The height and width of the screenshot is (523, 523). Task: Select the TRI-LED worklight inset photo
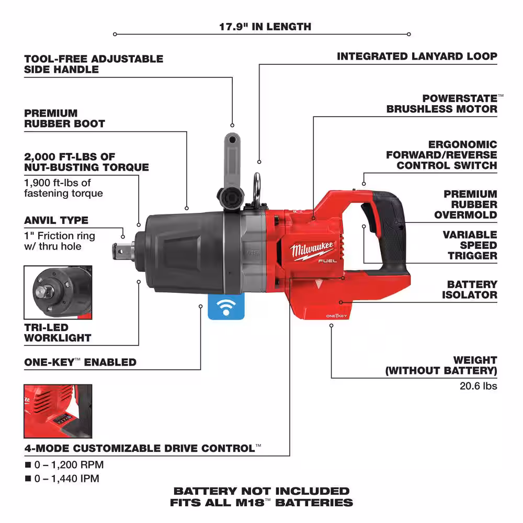tap(57, 293)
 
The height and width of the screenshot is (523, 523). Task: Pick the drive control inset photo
tap(58, 411)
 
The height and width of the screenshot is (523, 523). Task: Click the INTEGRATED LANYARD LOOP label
tap(417, 56)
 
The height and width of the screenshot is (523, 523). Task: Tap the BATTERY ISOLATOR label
tap(472, 289)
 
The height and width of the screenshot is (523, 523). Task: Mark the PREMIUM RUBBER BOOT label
tap(64, 118)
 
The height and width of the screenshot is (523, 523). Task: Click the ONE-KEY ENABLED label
tap(80, 362)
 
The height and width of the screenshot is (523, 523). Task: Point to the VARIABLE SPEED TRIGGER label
tap(470, 245)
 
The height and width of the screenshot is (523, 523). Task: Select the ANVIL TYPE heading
tap(56, 220)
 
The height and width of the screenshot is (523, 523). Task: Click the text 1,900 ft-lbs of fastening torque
tap(64, 188)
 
